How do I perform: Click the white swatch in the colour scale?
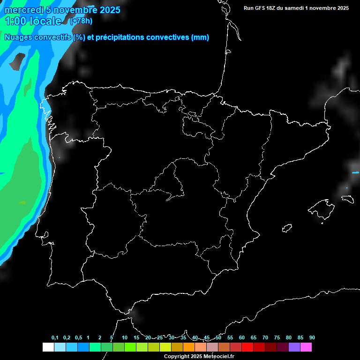point(48,347)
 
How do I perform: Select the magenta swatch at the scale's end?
point(306,347)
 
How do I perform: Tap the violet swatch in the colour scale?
point(294,347)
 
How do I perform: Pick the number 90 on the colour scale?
point(312,338)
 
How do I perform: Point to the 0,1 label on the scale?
point(55,338)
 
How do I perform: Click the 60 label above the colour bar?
point(242,338)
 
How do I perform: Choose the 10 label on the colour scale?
point(125,338)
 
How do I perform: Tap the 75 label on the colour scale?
point(277,338)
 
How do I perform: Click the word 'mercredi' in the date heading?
point(24,10)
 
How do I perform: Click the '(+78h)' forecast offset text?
point(81,21)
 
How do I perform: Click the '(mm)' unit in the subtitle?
point(200,37)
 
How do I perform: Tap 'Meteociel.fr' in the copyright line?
point(217,357)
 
